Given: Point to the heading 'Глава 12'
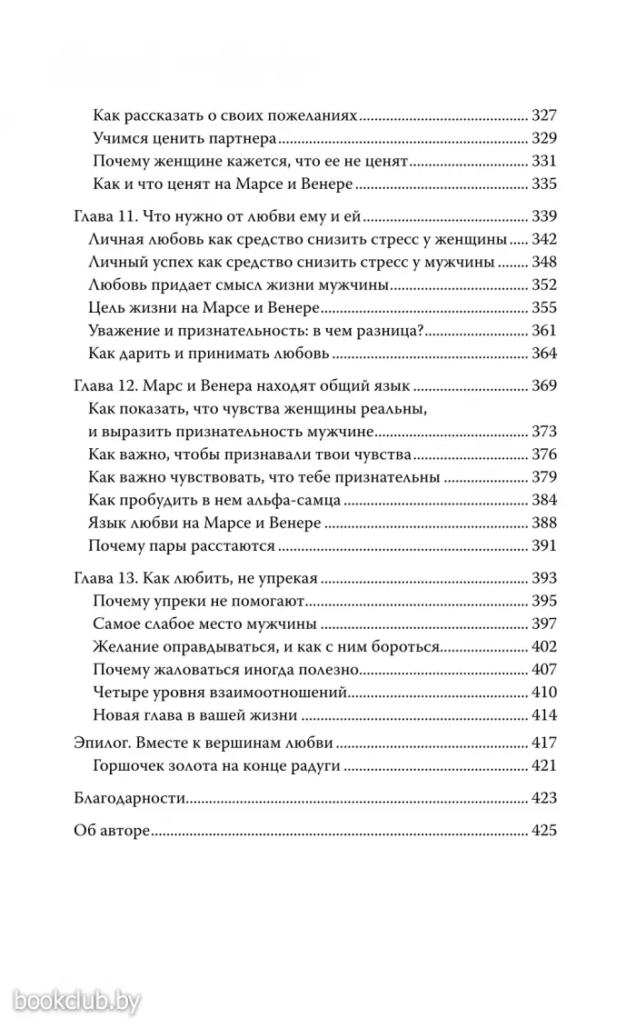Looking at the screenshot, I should point(103,385).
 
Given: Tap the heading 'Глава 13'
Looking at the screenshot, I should point(103,579).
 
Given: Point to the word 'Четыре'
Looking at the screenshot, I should point(119,692).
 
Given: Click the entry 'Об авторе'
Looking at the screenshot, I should point(110,831).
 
